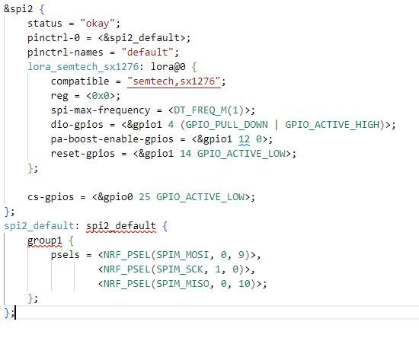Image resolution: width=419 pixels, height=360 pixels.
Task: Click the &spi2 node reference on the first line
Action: click(x=18, y=9)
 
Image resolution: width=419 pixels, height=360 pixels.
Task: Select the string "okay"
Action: click(x=98, y=24)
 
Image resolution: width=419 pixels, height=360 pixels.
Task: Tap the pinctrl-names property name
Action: click(x=66, y=52)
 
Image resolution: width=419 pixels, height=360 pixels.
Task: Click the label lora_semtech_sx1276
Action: click(x=83, y=66)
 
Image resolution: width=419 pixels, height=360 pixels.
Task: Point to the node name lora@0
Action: click(x=168, y=66)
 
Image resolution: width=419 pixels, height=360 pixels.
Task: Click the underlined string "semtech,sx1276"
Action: click(x=174, y=81)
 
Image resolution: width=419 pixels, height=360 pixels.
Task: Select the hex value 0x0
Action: click(x=101, y=96)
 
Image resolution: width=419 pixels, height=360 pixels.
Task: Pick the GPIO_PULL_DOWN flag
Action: click(x=226, y=125)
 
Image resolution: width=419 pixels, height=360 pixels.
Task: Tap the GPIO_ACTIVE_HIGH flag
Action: click(x=332, y=125)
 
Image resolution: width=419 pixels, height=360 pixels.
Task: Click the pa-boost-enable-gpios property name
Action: click(x=112, y=139)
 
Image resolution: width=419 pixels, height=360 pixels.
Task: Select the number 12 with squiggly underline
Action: click(x=245, y=139)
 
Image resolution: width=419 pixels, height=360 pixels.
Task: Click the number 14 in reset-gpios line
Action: click(x=185, y=154)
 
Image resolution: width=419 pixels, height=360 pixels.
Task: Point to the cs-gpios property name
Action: click(x=50, y=197)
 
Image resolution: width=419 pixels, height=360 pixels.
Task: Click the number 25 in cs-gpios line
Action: click(x=145, y=197)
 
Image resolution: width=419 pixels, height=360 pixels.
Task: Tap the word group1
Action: click(x=45, y=241)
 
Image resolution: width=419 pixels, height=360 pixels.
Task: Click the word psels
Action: click(x=66, y=255)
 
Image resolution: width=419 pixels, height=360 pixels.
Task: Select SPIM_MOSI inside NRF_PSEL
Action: click(x=183, y=255)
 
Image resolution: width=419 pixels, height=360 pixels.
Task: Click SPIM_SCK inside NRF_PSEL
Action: click(x=180, y=269)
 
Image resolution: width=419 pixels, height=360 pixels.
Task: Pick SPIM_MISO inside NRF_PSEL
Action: click(x=183, y=284)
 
